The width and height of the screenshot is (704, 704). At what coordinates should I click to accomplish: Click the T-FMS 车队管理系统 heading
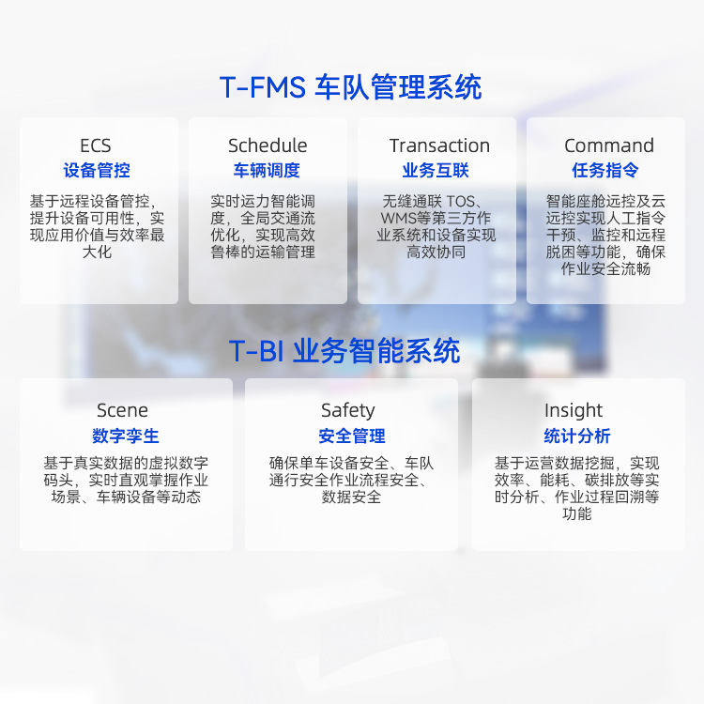[x=351, y=86]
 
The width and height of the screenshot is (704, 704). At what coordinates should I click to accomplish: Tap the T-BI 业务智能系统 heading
[x=344, y=351]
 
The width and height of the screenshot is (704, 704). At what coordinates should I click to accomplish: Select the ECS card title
[x=95, y=145]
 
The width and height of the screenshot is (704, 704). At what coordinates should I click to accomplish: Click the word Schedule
[x=268, y=145]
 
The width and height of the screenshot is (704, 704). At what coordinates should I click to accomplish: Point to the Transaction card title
[x=439, y=145]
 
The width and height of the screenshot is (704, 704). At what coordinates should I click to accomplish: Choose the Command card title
[x=609, y=145]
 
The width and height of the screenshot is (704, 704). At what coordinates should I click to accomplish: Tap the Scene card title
[x=122, y=410]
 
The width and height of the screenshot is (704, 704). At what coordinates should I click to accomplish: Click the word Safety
[x=348, y=410]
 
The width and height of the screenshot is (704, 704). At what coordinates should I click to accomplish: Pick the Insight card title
[x=574, y=410]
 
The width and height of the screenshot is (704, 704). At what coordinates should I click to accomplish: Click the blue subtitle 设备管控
[x=97, y=170]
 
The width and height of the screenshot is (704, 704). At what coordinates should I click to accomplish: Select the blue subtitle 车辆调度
[x=267, y=170]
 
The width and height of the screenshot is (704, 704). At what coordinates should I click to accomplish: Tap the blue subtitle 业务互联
[x=436, y=170]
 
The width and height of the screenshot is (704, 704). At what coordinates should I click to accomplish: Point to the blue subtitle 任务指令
[x=605, y=170]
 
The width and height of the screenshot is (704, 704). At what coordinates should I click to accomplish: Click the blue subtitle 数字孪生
[x=126, y=436]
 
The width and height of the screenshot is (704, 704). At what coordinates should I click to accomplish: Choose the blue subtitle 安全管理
[x=352, y=436]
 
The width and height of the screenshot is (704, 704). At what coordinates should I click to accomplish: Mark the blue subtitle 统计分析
[x=577, y=436]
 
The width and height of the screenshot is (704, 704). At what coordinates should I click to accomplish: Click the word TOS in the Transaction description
[x=461, y=201]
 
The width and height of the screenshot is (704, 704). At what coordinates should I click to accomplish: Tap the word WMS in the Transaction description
[x=399, y=218]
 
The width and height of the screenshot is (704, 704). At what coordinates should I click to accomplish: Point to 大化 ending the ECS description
[x=97, y=252]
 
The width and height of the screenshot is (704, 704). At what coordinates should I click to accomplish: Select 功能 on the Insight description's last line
[x=577, y=513]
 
